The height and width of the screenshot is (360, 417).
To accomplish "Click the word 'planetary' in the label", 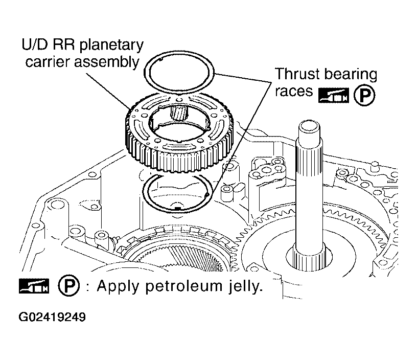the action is coord(111,45).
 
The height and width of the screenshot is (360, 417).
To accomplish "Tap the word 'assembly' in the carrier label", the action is coord(106,62).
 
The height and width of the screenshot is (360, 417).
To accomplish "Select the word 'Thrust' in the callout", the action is coord(296,74).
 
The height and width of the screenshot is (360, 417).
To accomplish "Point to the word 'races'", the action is coord(294,91).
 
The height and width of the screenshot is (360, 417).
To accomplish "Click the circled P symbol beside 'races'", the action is coord(364,95).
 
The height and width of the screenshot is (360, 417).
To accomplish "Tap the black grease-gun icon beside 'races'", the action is coord(334,95).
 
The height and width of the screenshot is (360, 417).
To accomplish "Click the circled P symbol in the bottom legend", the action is coord(68,285).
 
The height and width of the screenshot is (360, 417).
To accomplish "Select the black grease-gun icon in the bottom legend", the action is coord(34,286).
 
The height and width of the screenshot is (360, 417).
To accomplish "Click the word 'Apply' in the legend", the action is coord(118,286).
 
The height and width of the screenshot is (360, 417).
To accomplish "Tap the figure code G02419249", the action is coord(53,317).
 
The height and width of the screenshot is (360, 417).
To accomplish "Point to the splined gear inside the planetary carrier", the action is coord(179,112).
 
